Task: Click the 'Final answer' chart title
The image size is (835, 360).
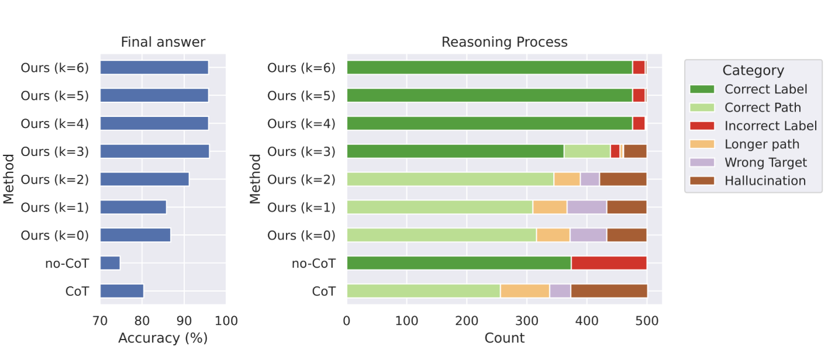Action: pos(163,42)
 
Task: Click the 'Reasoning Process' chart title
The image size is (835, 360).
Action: pos(504,42)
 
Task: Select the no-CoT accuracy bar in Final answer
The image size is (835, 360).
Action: pos(110,263)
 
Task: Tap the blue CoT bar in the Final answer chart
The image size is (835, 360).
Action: pos(122,291)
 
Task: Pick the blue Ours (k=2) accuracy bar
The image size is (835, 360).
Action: pos(144,179)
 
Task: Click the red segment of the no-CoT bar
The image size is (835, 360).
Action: pos(608,263)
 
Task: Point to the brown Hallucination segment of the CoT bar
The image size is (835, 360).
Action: pos(608,291)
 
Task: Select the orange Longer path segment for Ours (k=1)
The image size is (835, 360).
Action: pos(550,207)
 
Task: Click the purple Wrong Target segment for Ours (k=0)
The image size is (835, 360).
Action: pos(588,235)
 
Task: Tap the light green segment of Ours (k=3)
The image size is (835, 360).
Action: pos(586,151)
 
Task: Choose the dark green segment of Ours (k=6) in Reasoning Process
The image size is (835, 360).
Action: pos(489,67)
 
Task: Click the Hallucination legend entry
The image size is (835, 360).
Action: pos(765,181)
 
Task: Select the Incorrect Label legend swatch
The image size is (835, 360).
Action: pos(702,126)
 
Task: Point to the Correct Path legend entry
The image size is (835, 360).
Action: pos(762,108)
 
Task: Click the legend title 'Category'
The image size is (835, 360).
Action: pos(753,71)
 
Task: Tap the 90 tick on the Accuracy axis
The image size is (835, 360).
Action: pos(184,320)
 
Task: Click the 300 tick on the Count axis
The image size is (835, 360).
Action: pos(526,320)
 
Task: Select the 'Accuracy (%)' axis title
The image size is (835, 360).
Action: pos(163,338)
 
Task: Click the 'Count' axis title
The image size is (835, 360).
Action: pos(504,338)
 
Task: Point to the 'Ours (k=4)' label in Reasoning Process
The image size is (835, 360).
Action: pos(301,123)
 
